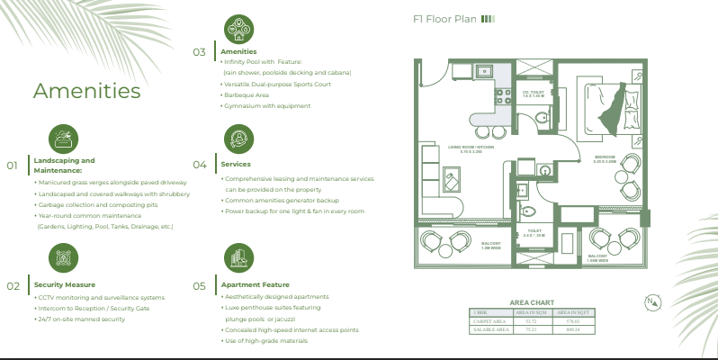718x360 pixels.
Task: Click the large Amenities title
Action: click(86, 91)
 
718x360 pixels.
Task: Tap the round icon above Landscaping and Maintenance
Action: click(62, 139)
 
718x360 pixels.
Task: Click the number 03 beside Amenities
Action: click(199, 52)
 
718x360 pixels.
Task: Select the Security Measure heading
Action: click(64, 284)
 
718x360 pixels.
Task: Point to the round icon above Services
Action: click(238, 139)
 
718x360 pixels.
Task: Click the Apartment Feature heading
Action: click(256, 284)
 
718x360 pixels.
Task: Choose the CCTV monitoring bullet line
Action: click(100, 297)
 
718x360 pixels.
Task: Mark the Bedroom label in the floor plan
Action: click(604, 157)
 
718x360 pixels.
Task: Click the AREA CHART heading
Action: click(532, 302)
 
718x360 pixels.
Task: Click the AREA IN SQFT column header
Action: click(572, 311)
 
